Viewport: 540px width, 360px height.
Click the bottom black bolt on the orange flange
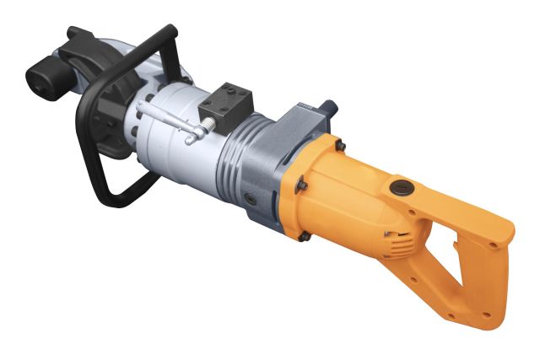tap(304, 237)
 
